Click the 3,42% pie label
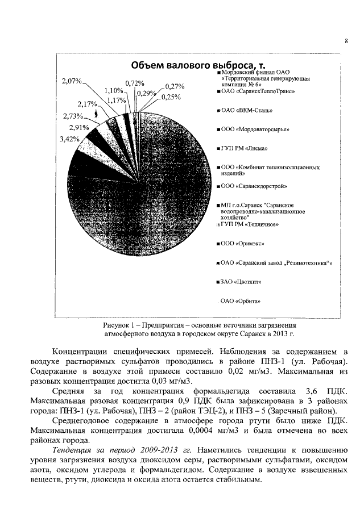(69, 139)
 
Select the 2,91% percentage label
(79, 128)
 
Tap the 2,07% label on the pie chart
(72, 82)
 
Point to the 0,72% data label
(134, 83)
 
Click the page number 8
(346, 40)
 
